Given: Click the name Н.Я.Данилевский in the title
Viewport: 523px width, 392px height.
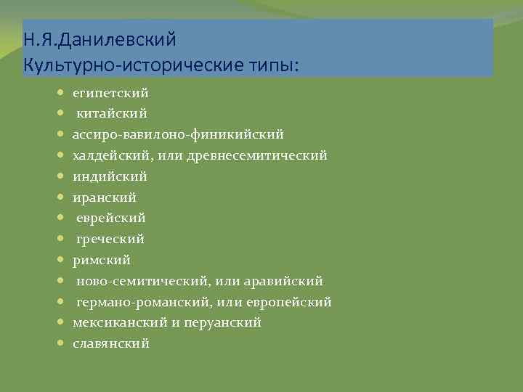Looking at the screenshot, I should coord(100,37).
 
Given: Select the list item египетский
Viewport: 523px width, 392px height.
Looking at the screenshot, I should coord(110,93).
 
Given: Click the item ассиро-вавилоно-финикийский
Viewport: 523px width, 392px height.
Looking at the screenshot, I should coord(178,134).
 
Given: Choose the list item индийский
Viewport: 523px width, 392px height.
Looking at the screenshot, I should coord(110,176).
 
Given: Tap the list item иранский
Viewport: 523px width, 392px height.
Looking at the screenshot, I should coord(105,197).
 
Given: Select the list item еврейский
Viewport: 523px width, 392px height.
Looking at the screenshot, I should coord(111,218).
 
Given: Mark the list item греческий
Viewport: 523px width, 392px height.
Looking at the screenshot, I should coord(110,239).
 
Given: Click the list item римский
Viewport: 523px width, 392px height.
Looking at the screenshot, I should coord(102,259).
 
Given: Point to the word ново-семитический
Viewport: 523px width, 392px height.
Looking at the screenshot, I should coord(136,280).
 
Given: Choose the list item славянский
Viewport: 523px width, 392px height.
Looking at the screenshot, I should coord(111,343).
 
